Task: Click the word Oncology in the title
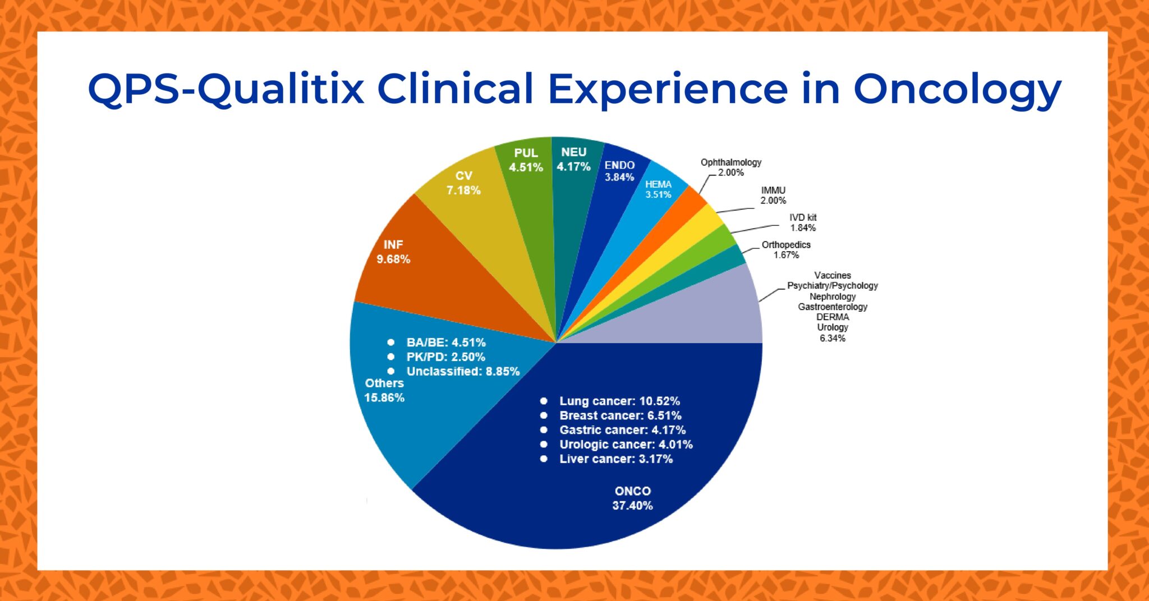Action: tap(957, 90)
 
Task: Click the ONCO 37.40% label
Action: tap(632, 498)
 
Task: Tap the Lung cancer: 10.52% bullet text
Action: tap(619, 401)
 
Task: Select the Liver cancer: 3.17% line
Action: tap(615, 459)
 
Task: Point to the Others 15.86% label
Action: tap(384, 390)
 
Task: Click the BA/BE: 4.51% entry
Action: tap(445, 343)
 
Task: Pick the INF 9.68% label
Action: tap(393, 252)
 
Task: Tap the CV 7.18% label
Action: tap(463, 183)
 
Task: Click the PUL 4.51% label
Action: tap(526, 160)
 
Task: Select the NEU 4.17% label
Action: tap(573, 159)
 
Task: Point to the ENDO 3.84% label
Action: tap(619, 171)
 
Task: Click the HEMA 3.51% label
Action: tap(658, 189)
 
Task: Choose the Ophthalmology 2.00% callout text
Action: tap(730, 167)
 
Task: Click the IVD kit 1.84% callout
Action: tap(803, 223)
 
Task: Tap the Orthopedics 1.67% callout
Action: tap(785, 249)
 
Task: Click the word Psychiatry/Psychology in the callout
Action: tap(832, 286)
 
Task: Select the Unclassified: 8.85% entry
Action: tap(463, 372)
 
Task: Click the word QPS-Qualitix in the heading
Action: tap(226, 90)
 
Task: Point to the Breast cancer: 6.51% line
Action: tap(620, 416)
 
